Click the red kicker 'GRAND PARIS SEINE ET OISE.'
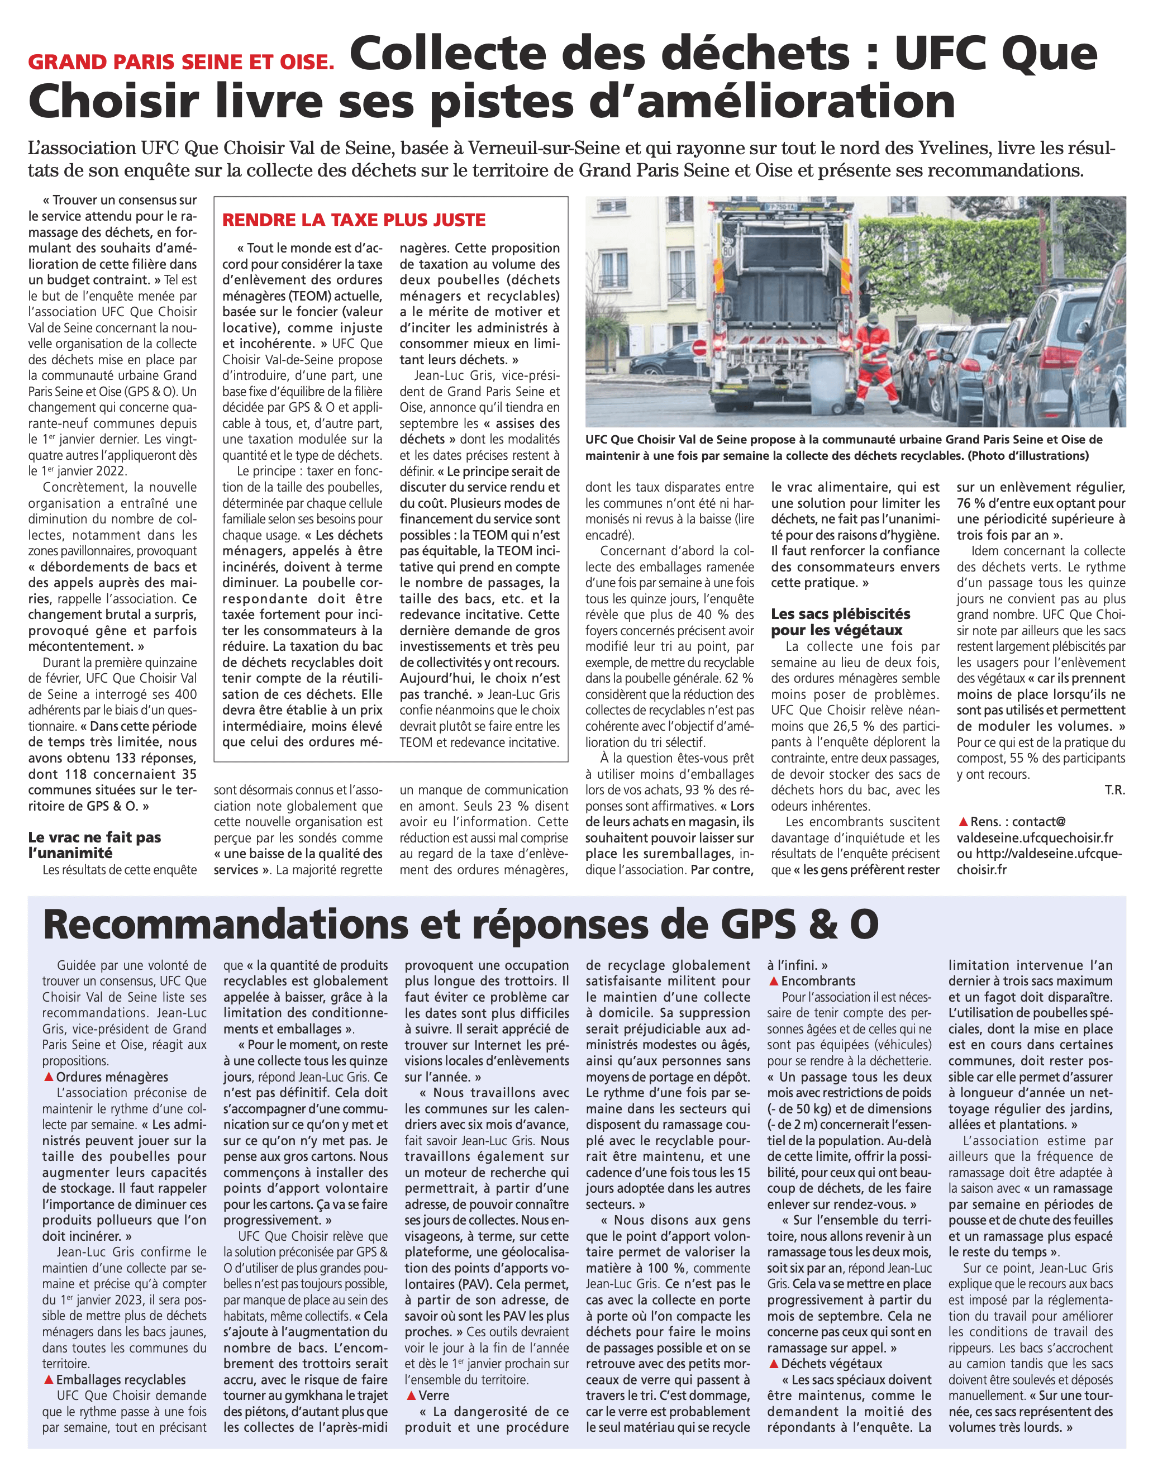181,62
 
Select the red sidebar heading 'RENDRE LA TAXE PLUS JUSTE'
354,220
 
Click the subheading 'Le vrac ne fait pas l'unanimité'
94,845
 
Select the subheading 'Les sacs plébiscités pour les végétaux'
840,622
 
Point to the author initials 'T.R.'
1114,790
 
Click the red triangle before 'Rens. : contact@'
963,822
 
